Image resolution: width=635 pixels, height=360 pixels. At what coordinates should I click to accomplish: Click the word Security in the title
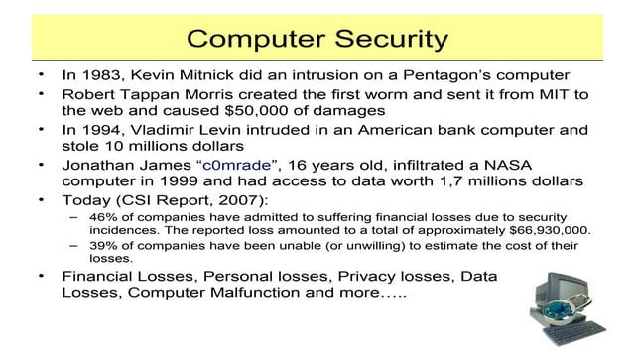383,39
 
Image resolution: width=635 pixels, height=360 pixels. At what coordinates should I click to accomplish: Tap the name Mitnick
212,76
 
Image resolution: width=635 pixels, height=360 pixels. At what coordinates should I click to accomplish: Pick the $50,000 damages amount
261,112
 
